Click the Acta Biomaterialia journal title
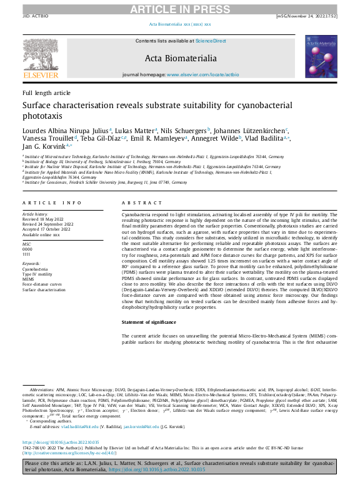179,59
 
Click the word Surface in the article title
41,106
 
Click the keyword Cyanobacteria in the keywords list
37,254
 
